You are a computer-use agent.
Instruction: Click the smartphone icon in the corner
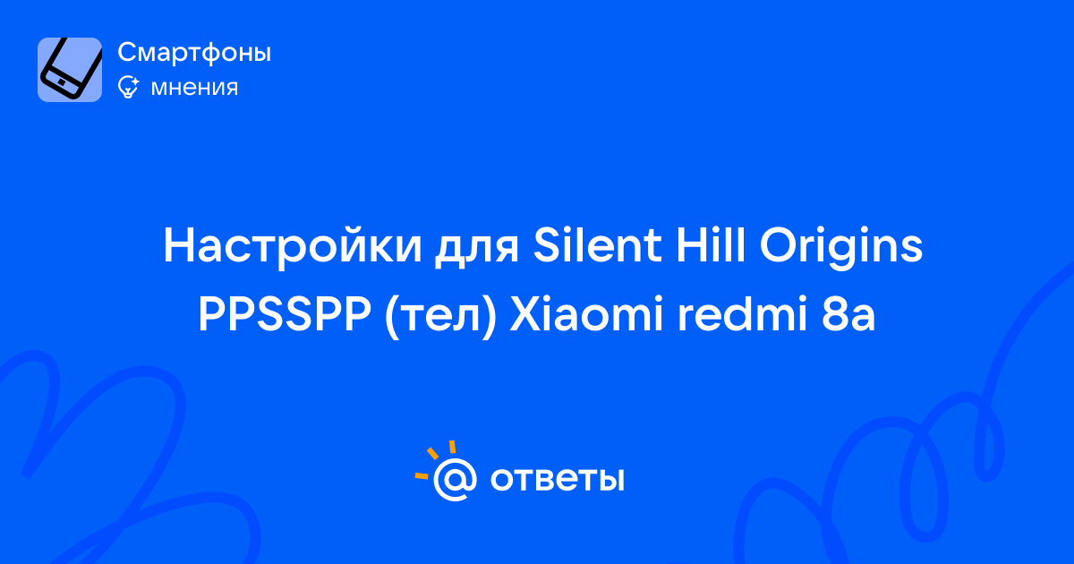[70, 70]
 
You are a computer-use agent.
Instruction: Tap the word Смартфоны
[194, 53]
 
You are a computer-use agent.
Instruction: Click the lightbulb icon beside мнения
[128, 87]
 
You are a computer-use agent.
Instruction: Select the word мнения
[194, 88]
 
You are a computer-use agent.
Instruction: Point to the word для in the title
[477, 250]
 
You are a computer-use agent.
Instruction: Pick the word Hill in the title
[711, 244]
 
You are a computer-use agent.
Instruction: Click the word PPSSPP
[285, 314]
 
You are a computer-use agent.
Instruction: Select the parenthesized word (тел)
[440, 317]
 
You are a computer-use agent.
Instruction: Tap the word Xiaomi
[586, 314]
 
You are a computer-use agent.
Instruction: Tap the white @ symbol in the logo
[455, 479]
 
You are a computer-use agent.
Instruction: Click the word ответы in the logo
[557, 479]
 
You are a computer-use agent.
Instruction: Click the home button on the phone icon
[61, 83]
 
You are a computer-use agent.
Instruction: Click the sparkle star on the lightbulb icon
[134, 81]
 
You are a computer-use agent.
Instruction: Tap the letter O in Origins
[780, 245]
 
